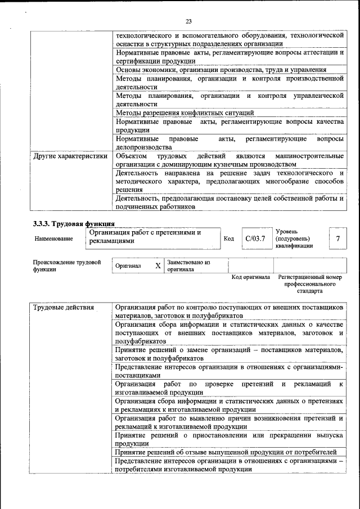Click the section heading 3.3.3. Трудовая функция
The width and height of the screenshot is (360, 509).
click(x=70, y=223)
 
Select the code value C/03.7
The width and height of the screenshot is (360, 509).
click(x=255, y=238)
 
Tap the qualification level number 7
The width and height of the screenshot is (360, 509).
click(x=337, y=238)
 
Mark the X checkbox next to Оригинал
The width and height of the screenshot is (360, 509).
click(x=158, y=265)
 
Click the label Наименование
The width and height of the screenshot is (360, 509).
click(x=53, y=239)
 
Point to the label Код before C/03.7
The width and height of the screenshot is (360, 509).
click(x=228, y=239)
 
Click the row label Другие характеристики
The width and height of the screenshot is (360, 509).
click(x=70, y=156)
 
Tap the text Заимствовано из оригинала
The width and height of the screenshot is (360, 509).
click(x=188, y=265)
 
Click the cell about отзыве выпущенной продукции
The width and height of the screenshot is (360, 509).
click(x=226, y=452)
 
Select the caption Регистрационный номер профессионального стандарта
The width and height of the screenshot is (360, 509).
click(x=310, y=285)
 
